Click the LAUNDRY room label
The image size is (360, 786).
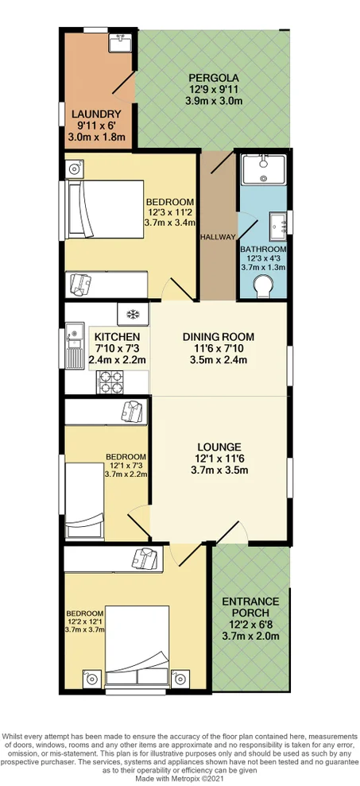click(x=99, y=114)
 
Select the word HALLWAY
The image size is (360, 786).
click(x=218, y=237)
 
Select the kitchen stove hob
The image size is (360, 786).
click(x=109, y=382)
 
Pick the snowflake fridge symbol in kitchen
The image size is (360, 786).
click(x=134, y=314)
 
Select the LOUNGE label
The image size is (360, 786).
click(x=219, y=447)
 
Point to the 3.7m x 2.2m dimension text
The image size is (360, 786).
click(x=126, y=474)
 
